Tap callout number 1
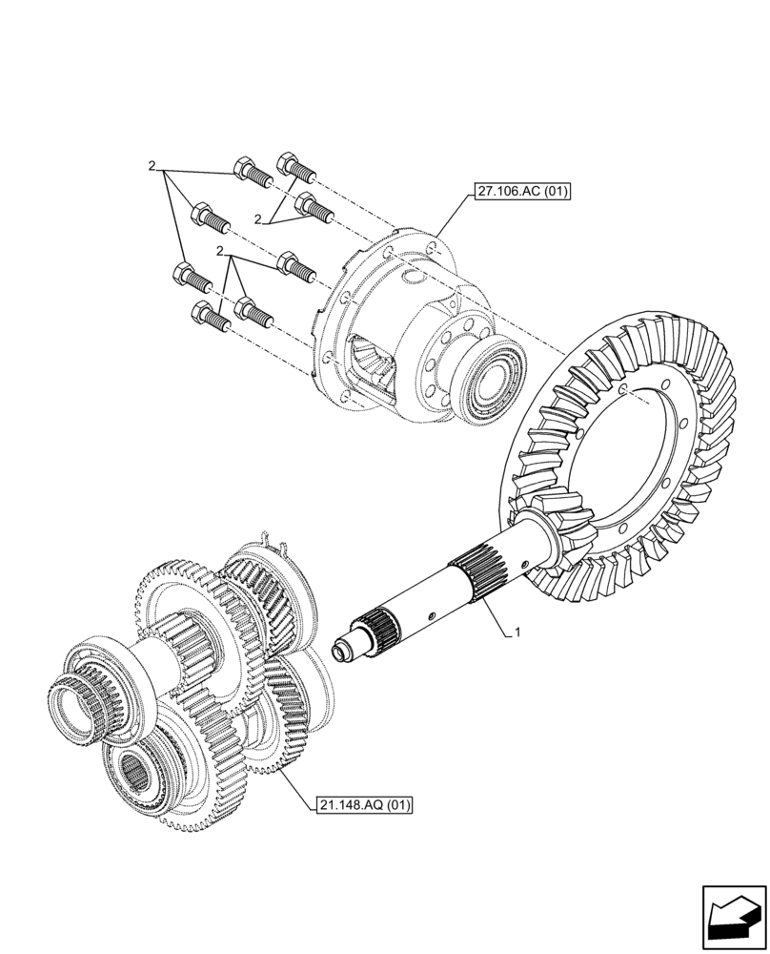pyautogui.click(x=517, y=633)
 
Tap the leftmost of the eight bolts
pyautogui.click(x=185, y=277)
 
